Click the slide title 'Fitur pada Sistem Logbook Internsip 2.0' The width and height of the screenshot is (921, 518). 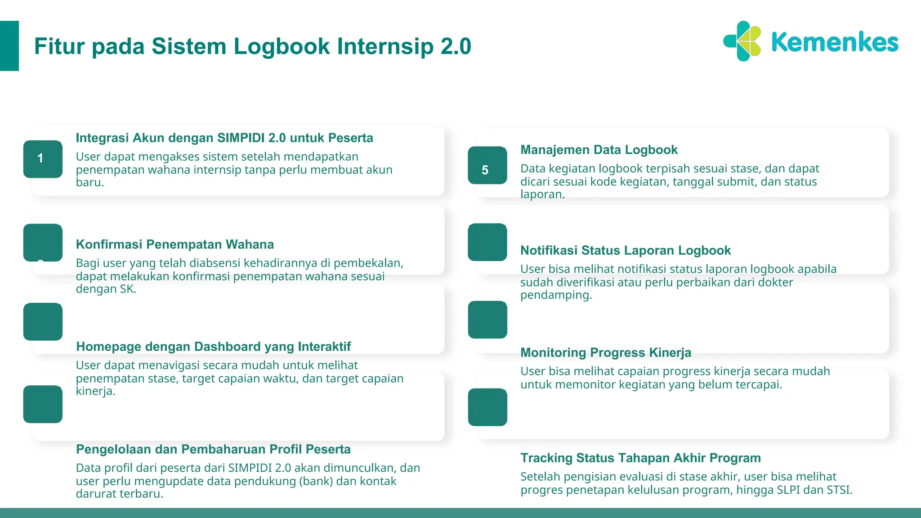pos(252,46)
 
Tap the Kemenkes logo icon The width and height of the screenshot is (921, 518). pos(742,41)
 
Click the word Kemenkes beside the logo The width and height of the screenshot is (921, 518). pos(835,42)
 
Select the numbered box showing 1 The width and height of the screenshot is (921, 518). pos(43,159)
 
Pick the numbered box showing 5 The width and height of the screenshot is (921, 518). pos(487,165)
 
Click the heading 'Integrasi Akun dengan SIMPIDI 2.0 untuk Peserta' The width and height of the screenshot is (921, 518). pos(224,138)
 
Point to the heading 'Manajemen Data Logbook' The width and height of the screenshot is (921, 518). pos(599,150)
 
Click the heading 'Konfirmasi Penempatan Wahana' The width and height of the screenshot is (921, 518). pos(174,244)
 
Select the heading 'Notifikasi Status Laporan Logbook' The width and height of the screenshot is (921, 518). pos(625,250)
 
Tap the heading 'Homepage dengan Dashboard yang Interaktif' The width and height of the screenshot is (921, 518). pos(213,347)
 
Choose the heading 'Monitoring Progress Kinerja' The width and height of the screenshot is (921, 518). pos(605,353)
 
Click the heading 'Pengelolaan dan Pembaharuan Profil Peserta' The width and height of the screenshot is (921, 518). pos(213,449)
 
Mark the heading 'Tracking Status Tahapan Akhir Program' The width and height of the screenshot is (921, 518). pos(640,458)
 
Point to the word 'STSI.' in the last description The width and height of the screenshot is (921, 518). pos(839,490)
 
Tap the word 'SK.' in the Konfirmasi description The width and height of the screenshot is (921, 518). pos(128,289)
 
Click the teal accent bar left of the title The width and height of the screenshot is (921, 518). pos(9,46)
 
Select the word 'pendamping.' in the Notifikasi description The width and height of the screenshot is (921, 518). pos(556,295)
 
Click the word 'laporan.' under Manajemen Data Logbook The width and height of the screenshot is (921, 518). pos(542,194)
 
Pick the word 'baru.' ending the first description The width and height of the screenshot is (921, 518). pos(89,182)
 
